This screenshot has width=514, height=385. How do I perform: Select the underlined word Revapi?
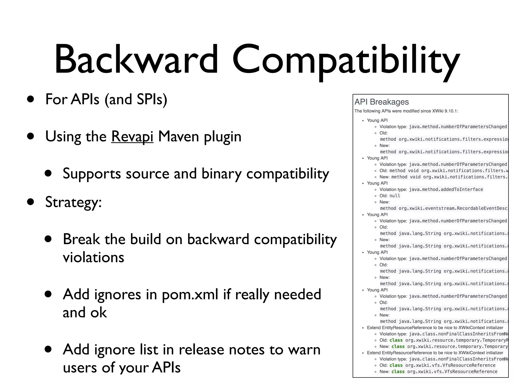pyautogui.click(x=132, y=137)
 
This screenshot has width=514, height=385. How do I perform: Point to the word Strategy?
pyautogui.click(x=73, y=202)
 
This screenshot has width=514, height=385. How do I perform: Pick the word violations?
pyautogui.click(x=93, y=257)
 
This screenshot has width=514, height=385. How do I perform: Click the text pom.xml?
pyautogui.click(x=190, y=295)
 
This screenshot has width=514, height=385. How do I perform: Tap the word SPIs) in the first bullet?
pyautogui.click(x=152, y=99)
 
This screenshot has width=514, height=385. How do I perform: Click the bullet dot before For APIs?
pyautogui.click(x=31, y=99)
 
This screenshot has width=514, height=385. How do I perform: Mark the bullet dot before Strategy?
pyautogui.click(x=31, y=202)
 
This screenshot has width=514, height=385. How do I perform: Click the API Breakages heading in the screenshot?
pyautogui.click(x=381, y=102)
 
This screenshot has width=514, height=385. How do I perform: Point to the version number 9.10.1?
pyautogui.click(x=451, y=111)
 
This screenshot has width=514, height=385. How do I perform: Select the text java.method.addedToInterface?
pyautogui.click(x=446, y=189)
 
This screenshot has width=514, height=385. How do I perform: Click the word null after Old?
pyautogui.click(x=395, y=196)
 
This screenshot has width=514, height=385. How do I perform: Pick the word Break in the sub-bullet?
pyautogui.click(x=81, y=239)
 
